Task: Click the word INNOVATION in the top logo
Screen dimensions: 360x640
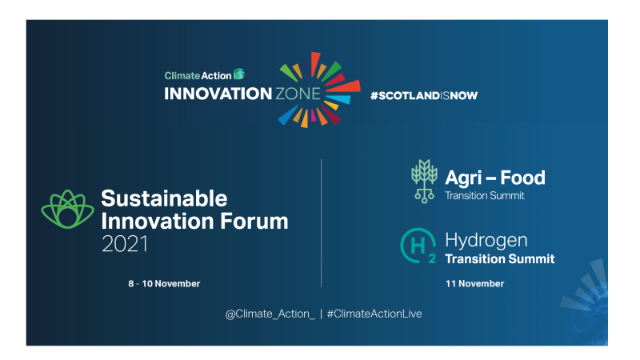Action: click(218, 94)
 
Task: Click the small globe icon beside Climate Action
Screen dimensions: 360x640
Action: click(238, 74)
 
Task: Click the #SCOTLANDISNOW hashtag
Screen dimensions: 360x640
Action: click(424, 95)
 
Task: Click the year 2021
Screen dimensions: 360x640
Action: click(125, 244)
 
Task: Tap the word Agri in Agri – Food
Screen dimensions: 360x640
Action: click(465, 178)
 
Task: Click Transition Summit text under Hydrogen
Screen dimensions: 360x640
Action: click(499, 258)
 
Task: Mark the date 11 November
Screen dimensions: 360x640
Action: click(475, 284)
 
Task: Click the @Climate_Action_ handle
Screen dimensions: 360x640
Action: click(270, 314)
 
